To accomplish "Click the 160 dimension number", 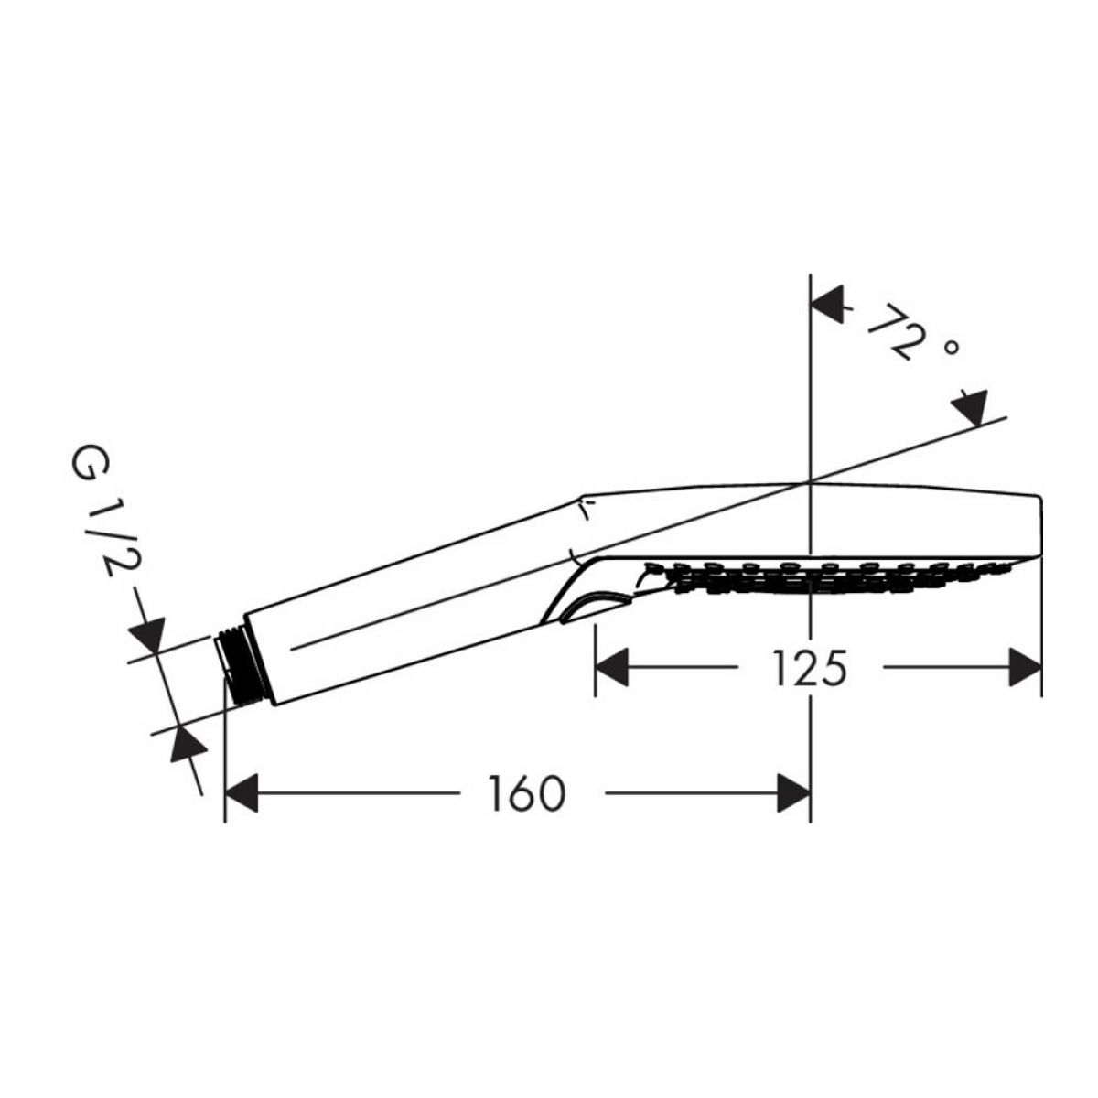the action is click(527, 793).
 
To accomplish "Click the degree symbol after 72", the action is click(951, 347).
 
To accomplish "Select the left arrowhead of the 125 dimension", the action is click(612, 667).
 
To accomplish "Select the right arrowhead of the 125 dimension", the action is click(1025, 667).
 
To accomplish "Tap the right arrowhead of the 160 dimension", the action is click(793, 792).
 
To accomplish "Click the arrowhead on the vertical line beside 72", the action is click(827, 306).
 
